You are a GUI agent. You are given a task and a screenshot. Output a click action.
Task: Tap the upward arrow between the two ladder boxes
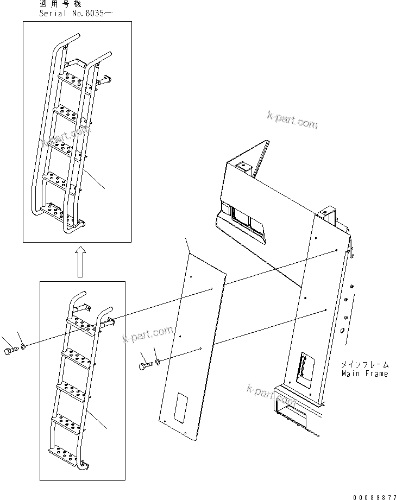pos(80,261)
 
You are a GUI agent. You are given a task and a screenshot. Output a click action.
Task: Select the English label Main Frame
pos(364,374)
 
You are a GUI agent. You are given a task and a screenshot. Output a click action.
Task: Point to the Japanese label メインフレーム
pos(364,365)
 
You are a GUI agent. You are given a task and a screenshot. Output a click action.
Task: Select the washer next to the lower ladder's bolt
pos(23,346)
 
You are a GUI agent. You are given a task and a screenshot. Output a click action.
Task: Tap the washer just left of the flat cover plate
pos(157,360)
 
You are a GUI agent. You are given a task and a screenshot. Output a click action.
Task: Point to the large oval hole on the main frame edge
pos(342,330)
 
